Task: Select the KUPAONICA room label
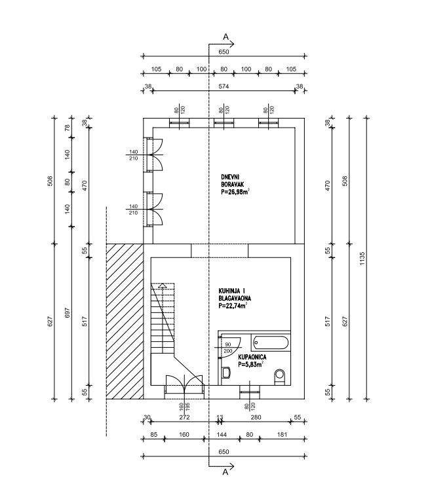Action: click(252, 358)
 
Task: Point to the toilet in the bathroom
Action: click(279, 375)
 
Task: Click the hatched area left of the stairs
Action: click(124, 320)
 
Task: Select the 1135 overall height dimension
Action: click(362, 259)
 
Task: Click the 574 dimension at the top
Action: click(223, 87)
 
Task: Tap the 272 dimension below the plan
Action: click(184, 417)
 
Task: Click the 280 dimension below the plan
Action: click(256, 417)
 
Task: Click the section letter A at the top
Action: click(225, 36)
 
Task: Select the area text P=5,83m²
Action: click(251, 364)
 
